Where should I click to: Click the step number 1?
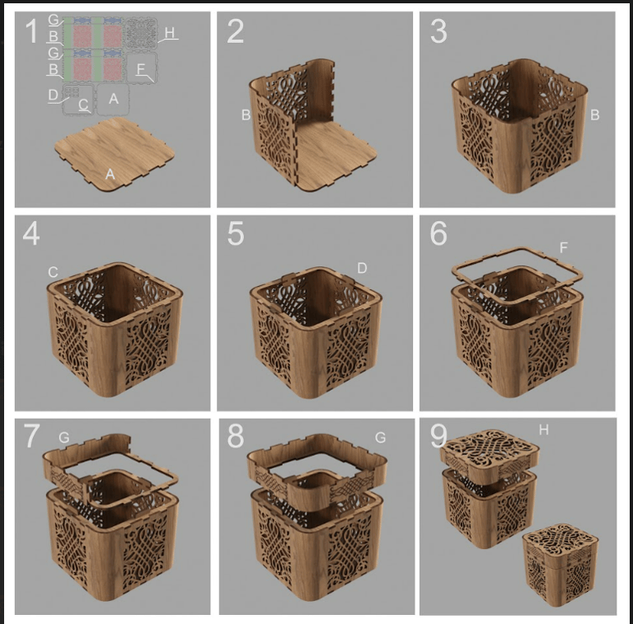pos(31,31)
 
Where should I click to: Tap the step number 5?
pos(236,233)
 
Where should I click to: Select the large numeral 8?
pos(236,436)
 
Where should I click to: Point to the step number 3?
pos(438,31)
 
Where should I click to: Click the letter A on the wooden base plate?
pos(110,174)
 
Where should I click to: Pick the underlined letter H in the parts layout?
pos(170,33)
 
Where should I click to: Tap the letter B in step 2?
pos(246,115)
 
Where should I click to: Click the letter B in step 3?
pos(594,115)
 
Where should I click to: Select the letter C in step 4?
pos(53,272)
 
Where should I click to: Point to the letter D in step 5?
pos(362,268)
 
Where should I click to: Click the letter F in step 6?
pos(564,247)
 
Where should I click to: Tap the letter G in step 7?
pos(63,438)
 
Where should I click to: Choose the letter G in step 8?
pos(380,438)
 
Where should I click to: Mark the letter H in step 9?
pos(544,429)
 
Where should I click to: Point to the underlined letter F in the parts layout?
pos(140,69)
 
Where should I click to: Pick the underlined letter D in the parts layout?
pos(54,96)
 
